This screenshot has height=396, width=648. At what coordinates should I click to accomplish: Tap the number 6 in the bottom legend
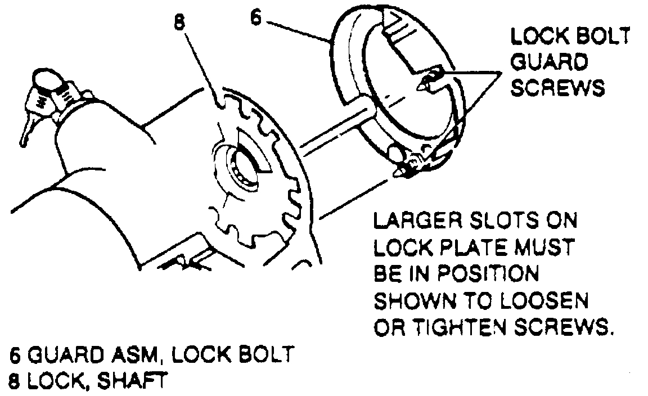pos(15,355)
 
